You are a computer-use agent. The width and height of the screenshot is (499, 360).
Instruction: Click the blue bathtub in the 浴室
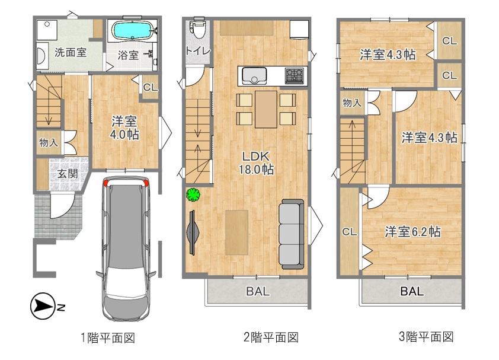click(x=132, y=30)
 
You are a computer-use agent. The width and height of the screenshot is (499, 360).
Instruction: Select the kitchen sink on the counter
click(x=254, y=76)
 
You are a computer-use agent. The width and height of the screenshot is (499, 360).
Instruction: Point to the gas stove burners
click(x=295, y=76)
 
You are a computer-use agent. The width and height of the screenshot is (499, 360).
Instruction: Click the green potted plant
click(x=193, y=195)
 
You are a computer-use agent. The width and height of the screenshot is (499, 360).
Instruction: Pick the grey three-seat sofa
click(x=291, y=234)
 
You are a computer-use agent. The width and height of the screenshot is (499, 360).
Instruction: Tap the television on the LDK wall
click(x=193, y=233)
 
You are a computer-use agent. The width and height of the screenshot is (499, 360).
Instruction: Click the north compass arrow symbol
click(x=43, y=306)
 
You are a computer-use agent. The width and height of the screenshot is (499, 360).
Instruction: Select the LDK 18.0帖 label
click(x=256, y=163)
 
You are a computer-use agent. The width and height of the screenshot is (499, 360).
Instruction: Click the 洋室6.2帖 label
click(x=412, y=232)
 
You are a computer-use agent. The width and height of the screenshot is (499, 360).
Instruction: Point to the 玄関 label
click(x=68, y=174)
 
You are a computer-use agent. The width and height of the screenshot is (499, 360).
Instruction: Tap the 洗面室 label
click(x=71, y=52)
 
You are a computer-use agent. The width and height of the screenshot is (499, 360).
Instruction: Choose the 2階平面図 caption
click(x=271, y=337)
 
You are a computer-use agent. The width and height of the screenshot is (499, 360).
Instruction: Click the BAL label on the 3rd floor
click(x=412, y=291)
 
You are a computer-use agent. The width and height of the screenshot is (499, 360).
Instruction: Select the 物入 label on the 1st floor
click(x=49, y=142)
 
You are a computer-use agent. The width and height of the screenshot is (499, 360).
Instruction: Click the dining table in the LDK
click(x=266, y=109)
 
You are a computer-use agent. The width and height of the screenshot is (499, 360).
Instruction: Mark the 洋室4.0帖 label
click(x=124, y=128)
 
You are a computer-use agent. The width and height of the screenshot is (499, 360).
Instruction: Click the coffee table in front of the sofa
click(x=237, y=232)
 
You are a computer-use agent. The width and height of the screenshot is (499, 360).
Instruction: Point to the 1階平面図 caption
click(x=108, y=337)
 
